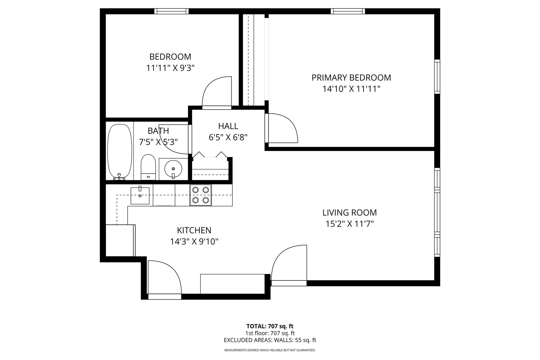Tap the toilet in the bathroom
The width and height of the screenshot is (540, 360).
148,167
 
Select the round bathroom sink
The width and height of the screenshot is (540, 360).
173,169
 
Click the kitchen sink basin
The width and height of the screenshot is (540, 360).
140,196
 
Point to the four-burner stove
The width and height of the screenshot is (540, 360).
201,195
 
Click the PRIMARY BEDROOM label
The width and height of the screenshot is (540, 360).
351,78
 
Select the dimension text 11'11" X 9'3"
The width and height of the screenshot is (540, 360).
170,68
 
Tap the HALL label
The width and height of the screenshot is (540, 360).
228,126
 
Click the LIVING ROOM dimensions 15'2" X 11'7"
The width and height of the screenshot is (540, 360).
350,224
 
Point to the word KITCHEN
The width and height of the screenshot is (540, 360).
194,230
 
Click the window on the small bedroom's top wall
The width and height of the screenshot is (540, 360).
171,11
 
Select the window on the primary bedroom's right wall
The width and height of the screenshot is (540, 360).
437,76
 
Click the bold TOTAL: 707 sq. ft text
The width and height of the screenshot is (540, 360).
270,326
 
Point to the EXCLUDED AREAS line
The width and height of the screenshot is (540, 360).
270,340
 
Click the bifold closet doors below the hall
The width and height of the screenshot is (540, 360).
210,155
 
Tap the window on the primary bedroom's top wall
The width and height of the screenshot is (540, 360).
348,11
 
